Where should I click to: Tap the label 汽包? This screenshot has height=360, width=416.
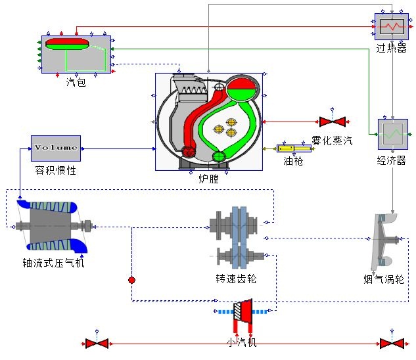pyautogui.click(x=76, y=82)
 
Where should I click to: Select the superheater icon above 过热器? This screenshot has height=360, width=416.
pyautogui.click(x=392, y=27)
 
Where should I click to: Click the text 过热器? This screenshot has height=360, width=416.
pyautogui.click(x=391, y=49)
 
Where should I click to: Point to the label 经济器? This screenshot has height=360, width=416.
pyautogui.click(x=392, y=160)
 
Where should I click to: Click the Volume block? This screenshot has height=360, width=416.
pyautogui.click(x=56, y=148)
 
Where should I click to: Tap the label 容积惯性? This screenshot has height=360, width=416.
pyautogui.click(x=56, y=171)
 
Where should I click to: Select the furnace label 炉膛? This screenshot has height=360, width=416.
pyautogui.click(x=208, y=178)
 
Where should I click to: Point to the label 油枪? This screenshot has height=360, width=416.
pyautogui.click(x=293, y=162)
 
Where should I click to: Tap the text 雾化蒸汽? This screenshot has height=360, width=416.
pyautogui.click(x=332, y=139)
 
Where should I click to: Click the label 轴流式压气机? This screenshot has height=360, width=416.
pyautogui.click(x=53, y=263)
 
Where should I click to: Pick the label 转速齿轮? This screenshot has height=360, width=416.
pyautogui.click(x=236, y=279)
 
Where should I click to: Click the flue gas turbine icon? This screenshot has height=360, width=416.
pyautogui.click(x=386, y=242)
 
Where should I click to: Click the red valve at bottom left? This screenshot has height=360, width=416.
pyautogui.click(x=97, y=343)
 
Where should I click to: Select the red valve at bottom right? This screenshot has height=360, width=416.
pyautogui.click(x=392, y=343)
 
